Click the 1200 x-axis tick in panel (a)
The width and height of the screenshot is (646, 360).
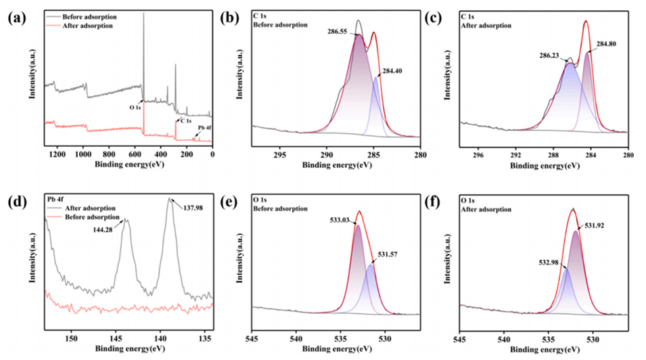point(57,154)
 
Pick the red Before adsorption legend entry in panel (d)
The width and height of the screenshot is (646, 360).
point(88,216)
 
